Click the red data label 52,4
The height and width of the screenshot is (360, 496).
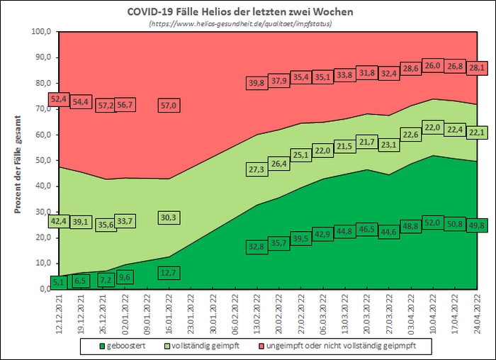[x=59, y=99]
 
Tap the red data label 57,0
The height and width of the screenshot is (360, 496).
[x=168, y=106]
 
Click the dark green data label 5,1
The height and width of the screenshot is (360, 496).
[x=59, y=282]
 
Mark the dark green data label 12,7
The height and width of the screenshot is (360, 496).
[x=168, y=272]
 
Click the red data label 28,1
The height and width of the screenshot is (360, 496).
[x=475, y=68]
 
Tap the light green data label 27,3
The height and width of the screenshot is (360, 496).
[x=256, y=170]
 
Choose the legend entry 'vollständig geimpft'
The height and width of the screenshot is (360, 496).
[x=201, y=347]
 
